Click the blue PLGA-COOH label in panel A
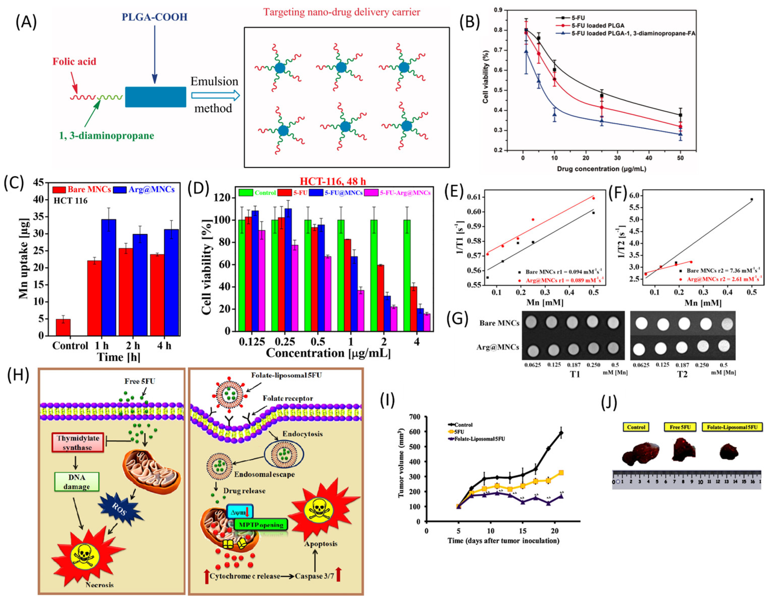[x=155, y=17]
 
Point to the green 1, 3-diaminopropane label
[x=107, y=135]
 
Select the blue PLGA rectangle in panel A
[x=156, y=97]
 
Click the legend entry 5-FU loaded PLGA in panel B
[x=597, y=26]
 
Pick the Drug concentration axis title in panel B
[x=601, y=169]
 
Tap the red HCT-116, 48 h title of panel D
[x=333, y=181]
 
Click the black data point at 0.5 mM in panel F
[x=752, y=199]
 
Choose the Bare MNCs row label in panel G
[x=499, y=323]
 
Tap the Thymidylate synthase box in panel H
[x=78, y=442]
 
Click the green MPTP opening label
[x=260, y=525]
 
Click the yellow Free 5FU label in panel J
[x=680, y=427]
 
